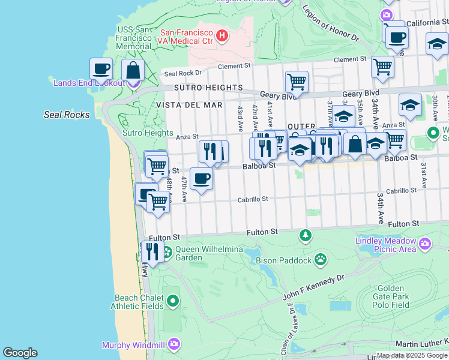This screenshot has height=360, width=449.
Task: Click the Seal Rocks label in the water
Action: click(67, 115)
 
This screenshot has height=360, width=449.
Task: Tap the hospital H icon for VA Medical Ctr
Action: click(222, 36)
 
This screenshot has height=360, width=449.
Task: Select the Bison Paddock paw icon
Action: click(321, 260)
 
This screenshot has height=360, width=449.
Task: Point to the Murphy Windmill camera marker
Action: click(174, 344)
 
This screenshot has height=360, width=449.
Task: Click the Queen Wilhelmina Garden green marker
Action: click(167, 251)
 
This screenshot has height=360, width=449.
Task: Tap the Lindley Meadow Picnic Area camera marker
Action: click(426, 244)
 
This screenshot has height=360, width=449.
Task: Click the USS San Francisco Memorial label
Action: click(133, 38)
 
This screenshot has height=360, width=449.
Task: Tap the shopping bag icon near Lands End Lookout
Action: click(133, 70)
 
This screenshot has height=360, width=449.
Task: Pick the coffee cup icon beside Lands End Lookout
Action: click(101, 69)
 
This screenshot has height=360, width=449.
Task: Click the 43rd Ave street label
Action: click(240, 116)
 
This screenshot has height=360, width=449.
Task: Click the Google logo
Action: click(20, 353)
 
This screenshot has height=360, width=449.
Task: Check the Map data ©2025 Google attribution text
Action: click(411, 355)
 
